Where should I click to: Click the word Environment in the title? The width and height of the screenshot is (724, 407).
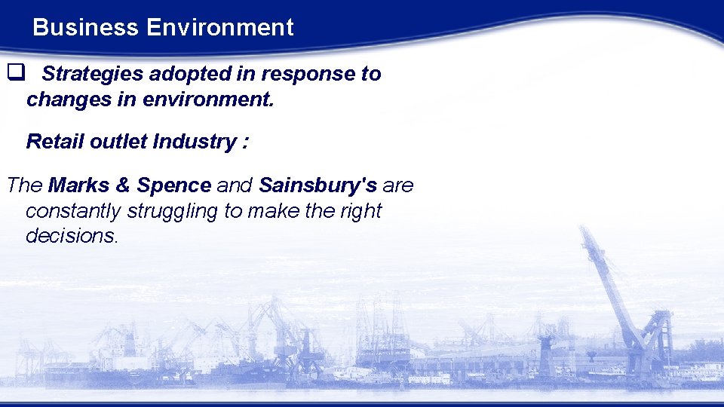click(x=219, y=28)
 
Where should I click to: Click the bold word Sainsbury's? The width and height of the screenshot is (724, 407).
click(x=318, y=185)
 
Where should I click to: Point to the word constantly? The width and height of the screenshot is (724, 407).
click(x=73, y=210)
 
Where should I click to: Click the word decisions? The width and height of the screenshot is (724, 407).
click(x=71, y=235)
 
